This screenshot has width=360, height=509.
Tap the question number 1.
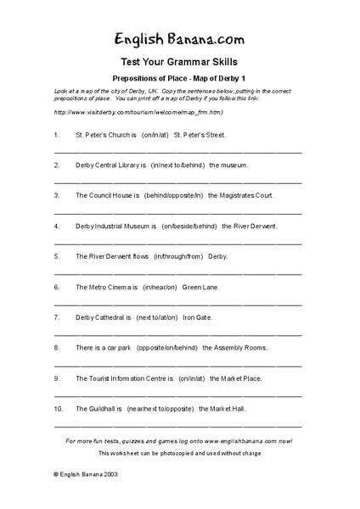pyautogui.click(x=56, y=135)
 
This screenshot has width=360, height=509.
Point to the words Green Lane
pyautogui.click(x=200, y=287)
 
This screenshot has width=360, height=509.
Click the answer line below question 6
pyautogui.click(x=179, y=303)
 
